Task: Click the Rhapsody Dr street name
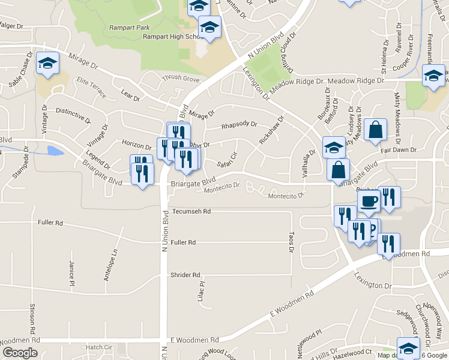pyautogui.click(x=239, y=125)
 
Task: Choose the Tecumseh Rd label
pyautogui.click(x=191, y=212)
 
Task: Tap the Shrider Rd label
pyautogui.click(x=185, y=275)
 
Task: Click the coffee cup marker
pyautogui.click(x=369, y=200)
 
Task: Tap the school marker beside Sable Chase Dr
pyautogui.click(x=46, y=64)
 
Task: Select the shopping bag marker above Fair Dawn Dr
pyautogui.click(x=375, y=130)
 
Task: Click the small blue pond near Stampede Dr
pyautogui.click(x=55, y=150)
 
